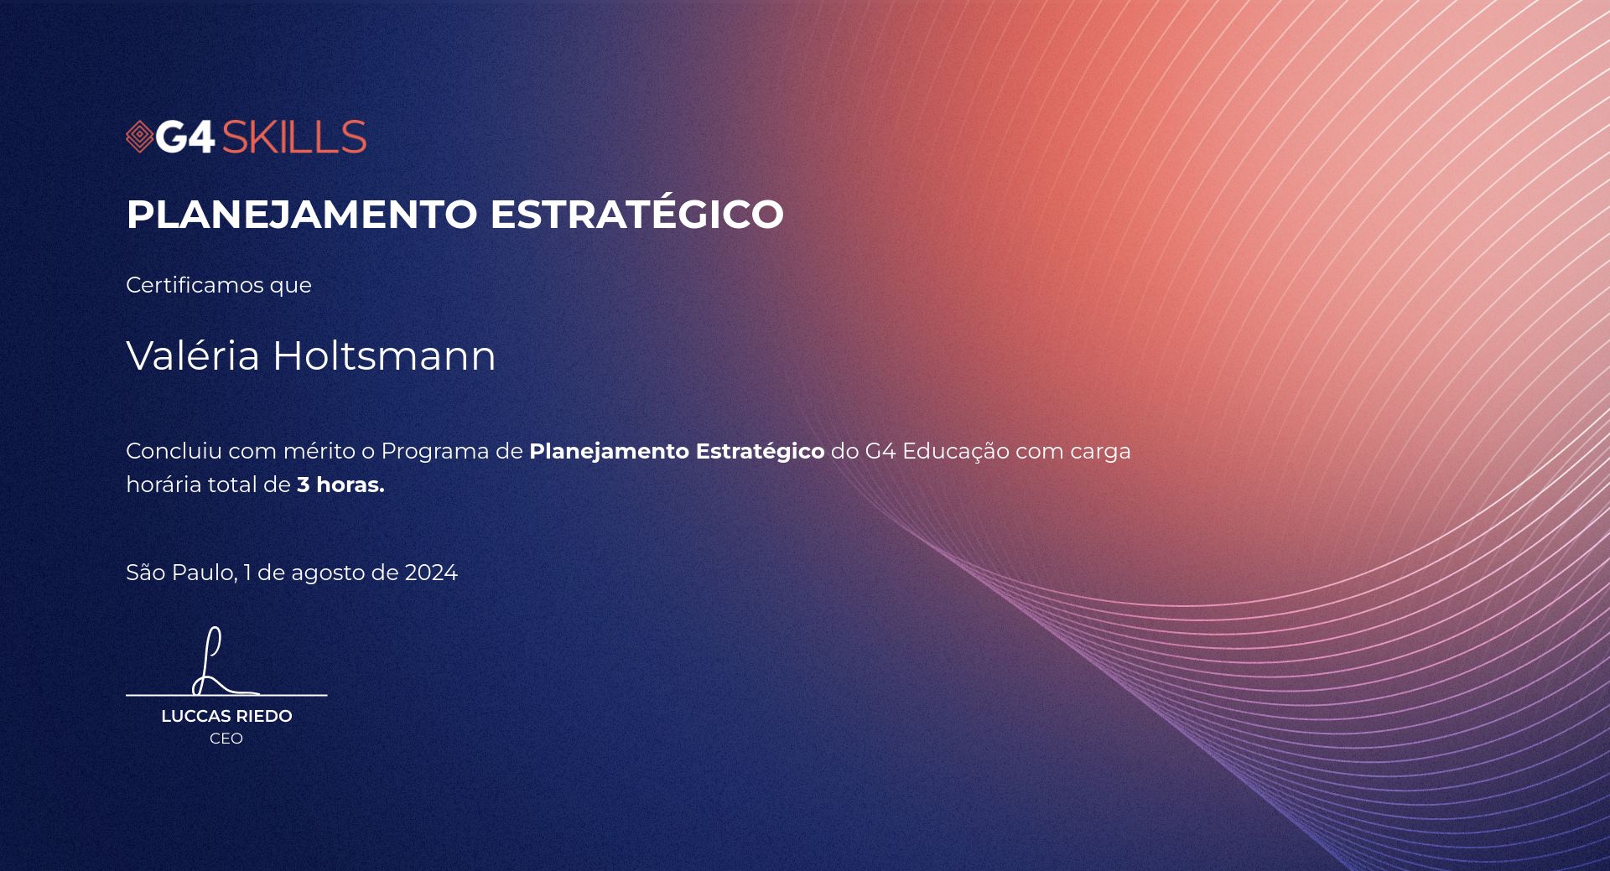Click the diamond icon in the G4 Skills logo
139,137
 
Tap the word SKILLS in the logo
293,137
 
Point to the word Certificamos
195,285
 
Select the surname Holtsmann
384,355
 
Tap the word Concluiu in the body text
174,451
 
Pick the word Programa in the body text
435,453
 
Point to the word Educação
956,453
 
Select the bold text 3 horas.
340,485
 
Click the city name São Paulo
181,573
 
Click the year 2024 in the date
431,573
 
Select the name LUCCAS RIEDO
226,716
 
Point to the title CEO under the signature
226,739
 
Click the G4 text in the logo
185,137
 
